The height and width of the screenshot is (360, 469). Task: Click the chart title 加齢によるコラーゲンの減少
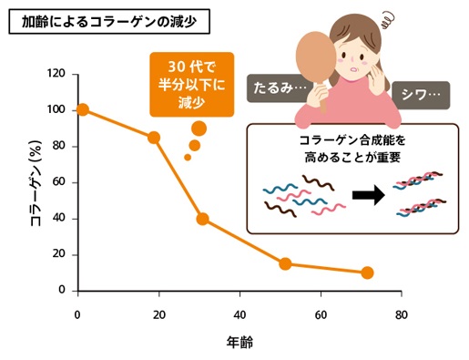click(x=107, y=18)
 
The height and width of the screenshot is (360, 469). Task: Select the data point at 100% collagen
click(x=83, y=109)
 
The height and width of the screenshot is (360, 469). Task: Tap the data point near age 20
click(x=154, y=138)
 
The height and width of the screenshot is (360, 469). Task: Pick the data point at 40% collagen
click(x=202, y=219)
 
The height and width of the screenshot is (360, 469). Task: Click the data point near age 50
click(x=285, y=263)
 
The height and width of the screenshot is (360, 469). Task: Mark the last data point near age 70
click(x=367, y=273)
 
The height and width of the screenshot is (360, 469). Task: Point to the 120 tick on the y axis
click(x=56, y=74)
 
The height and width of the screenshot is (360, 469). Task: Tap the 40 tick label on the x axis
click(x=240, y=314)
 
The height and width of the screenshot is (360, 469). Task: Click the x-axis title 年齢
click(x=240, y=343)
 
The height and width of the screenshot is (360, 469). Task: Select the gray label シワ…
click(x=421, y=93)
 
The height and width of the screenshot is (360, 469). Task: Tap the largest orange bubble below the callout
click(x=199, y=129)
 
